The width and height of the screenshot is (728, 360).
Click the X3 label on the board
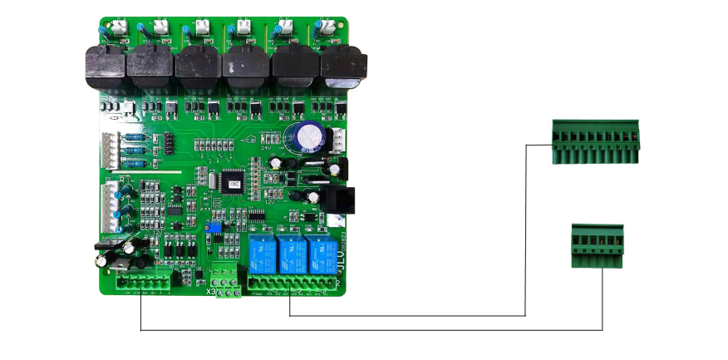[211, 292]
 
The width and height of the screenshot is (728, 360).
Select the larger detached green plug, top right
[596, 141]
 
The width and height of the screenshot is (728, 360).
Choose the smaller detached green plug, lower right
[597, 245]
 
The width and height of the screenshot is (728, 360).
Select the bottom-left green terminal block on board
[147, 280]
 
